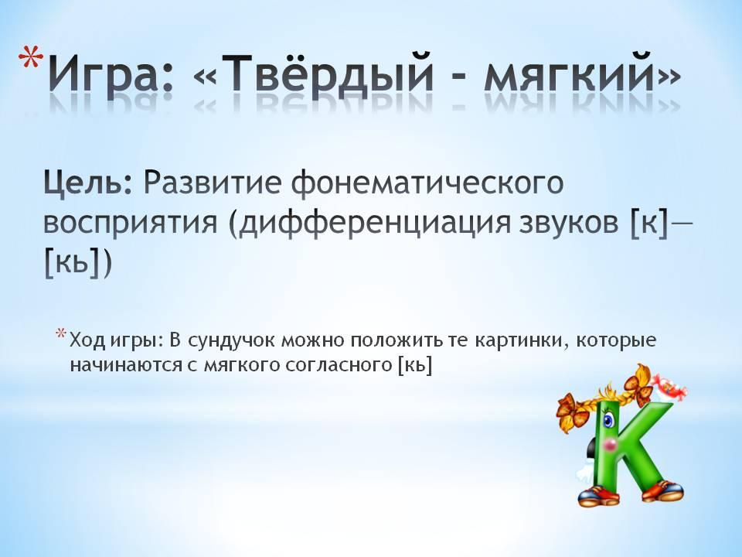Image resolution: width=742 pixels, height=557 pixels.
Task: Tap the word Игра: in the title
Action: pyautogui.click(x=111, y=73)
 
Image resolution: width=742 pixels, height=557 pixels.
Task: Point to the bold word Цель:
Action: pyautogui.click(x=88, y=183)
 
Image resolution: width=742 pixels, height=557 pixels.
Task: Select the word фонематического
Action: pyautogui.click(x=427, y=183)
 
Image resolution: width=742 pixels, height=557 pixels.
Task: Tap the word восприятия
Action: pyautogui.click(x=130, y=223)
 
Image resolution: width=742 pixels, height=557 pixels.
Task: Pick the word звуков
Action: pyautogui.click(x=568, y=222)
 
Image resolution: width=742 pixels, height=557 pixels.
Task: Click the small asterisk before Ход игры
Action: pyautogui.click(x=60, y=333)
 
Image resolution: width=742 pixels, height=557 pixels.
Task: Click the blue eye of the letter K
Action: pyautogui.click(x=608, y=419)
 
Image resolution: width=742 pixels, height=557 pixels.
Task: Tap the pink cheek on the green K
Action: pyautogui.click(x=611, y=444)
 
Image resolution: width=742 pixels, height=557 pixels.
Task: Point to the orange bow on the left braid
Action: pyautogui.click(x=572, y=411)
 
